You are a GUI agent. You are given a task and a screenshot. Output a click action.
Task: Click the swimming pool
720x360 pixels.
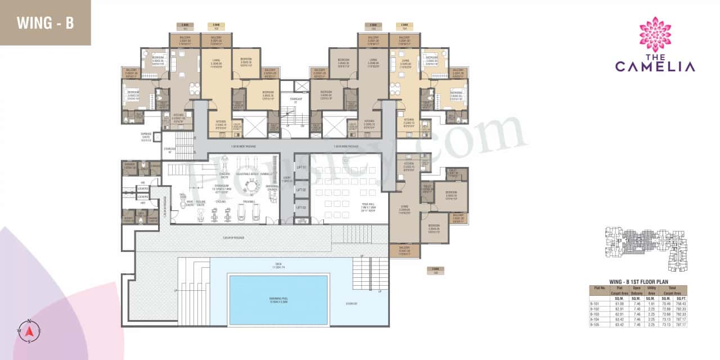tap(278, 296)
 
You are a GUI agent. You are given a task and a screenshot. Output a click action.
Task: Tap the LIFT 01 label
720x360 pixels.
tap(301, 168)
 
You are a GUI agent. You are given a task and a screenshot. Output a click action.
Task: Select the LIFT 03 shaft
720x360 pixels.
tap(301, 209)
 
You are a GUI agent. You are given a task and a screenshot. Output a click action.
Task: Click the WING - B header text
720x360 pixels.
tap(45, 23)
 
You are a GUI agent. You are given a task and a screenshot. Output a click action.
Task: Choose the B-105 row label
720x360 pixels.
tap(594, 325)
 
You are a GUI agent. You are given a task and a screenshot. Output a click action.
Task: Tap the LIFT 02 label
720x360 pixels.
tap(301, 190)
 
